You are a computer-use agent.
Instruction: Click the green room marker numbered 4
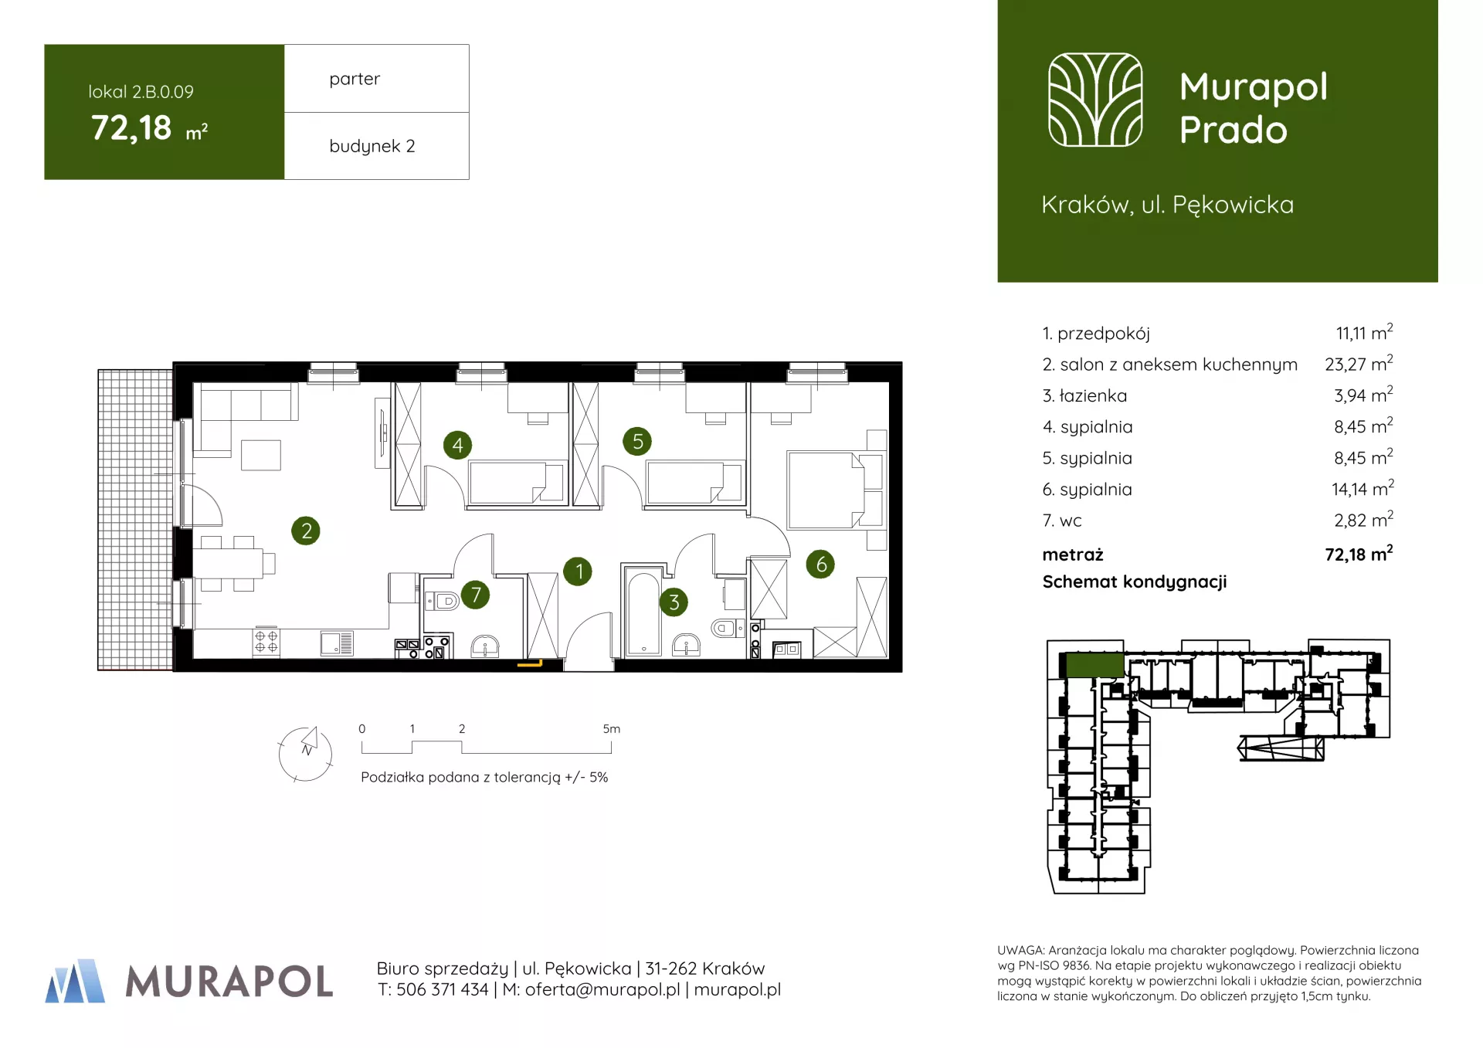point(457,445)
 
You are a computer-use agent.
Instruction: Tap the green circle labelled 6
point(820,565)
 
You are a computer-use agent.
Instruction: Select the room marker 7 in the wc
point(476,595)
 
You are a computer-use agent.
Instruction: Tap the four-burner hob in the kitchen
point(266,642)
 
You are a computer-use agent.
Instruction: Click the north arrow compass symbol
point(306,753)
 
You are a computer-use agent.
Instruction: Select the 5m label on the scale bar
point(611,729)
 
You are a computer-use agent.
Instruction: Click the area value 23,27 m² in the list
point(1359,363)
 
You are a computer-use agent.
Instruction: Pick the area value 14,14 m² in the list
point(1363,488)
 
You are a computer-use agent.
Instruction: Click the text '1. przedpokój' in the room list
point(1096,334)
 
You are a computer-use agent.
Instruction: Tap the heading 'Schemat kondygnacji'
point(1135,582)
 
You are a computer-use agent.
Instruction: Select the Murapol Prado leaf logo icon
point(1094,100)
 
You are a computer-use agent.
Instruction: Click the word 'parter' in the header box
point(355,79)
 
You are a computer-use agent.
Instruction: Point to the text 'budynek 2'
point(372,146)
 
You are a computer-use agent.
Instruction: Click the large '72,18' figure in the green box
point(131,128)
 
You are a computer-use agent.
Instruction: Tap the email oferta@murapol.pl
point(602,989)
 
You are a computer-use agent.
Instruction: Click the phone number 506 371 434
point(442,989)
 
